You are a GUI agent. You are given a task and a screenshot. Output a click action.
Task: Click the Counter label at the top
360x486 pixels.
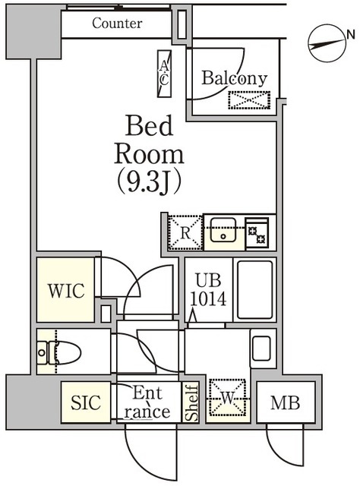[117, 24]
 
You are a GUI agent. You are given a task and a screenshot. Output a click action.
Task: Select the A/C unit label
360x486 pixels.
[164, 74]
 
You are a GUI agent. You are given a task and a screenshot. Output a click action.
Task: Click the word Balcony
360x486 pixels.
[234, 77]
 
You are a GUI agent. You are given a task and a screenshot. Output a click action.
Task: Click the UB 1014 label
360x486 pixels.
[210, 289]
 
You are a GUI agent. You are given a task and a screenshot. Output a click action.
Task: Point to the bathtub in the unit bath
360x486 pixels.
[254, 291]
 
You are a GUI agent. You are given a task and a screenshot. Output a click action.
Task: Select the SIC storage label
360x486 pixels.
[86, 403]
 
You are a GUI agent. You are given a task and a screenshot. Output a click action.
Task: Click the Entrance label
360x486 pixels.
[147, 402]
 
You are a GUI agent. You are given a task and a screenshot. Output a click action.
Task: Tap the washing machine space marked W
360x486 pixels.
[228, 398]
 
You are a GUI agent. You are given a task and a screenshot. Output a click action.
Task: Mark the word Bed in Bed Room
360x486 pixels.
[148, 125]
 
